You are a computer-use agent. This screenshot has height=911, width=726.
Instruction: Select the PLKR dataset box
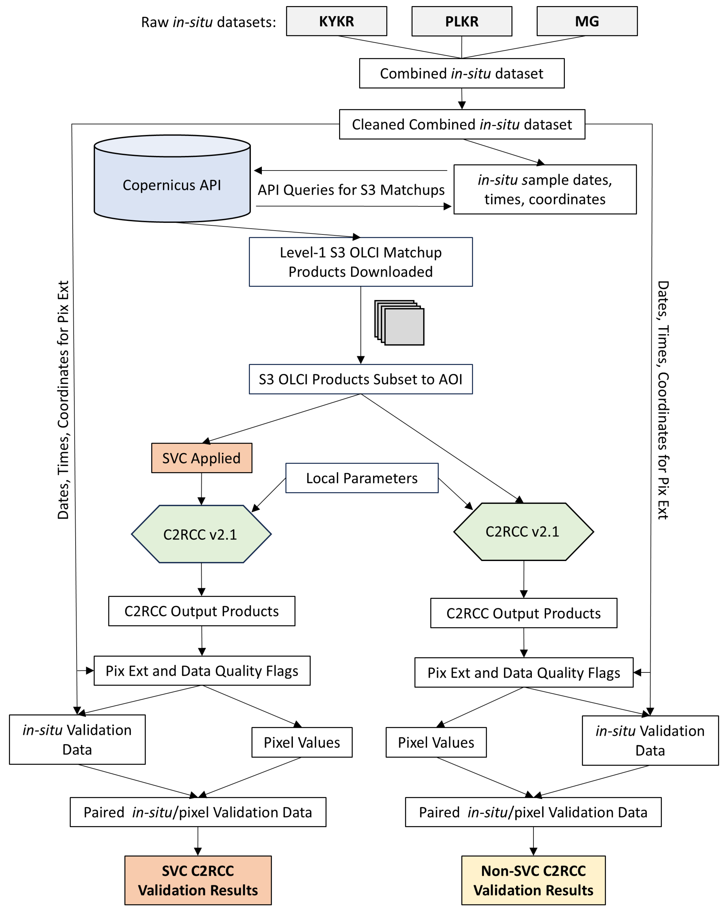tap(461, 21)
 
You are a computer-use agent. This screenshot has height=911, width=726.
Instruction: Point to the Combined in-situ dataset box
tap(461, 73)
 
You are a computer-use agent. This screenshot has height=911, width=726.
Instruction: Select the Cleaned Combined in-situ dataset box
tap(462, 124)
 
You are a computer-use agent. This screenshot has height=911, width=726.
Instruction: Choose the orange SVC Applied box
tap(201, 458)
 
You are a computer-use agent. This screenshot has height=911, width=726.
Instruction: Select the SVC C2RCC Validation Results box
tap(198, 880)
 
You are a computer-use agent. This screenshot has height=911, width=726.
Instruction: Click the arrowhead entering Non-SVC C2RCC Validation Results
tap(533, 851)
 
